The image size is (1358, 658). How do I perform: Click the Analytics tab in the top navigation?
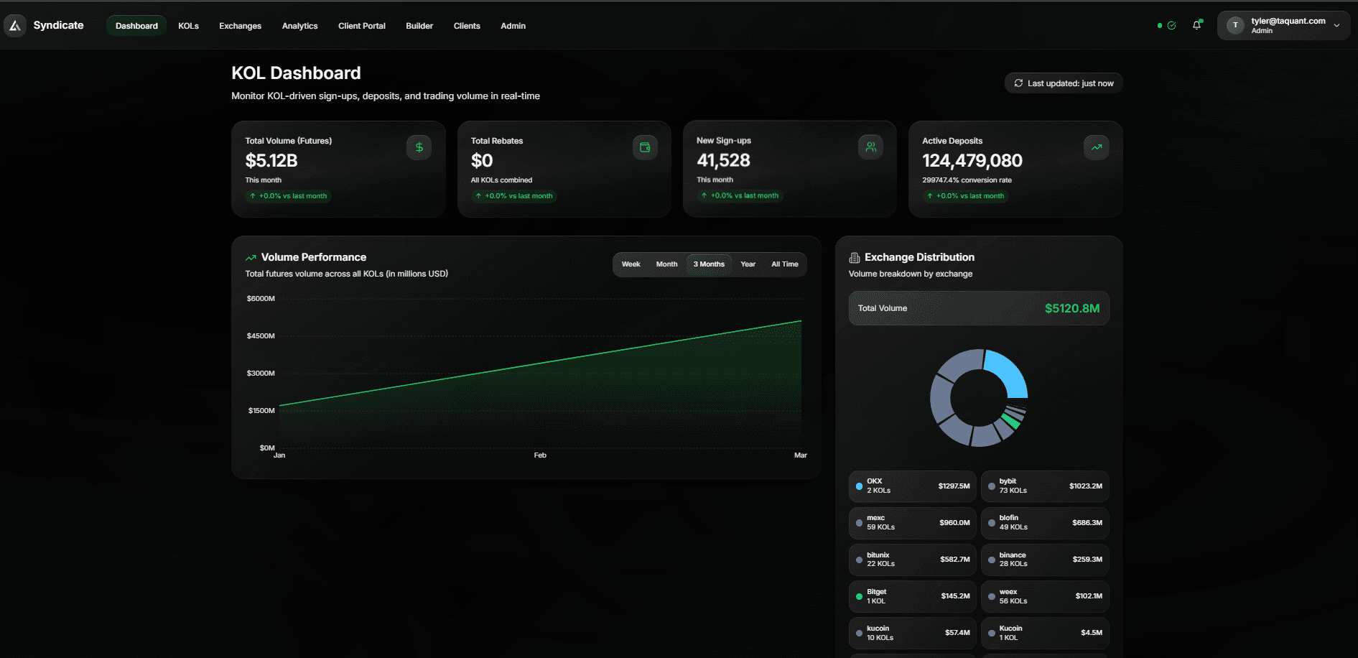(299, 26)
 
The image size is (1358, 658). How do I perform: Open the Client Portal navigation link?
(361, 26)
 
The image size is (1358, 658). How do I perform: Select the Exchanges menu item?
(240, 26)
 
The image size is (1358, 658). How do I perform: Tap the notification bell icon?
(1196, 25)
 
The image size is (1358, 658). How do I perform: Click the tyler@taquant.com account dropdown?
(1283, 25)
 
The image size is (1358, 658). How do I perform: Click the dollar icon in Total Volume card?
(419, 147)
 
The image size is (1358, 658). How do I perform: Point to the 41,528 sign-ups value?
(723, 160)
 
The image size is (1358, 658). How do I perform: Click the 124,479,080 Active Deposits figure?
(972, 160)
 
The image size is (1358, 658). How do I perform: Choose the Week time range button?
(631, 264)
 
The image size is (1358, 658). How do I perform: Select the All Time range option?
(784, 264)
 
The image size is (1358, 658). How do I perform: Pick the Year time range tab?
(748, 264)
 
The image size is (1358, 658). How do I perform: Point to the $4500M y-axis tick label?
(261, 336)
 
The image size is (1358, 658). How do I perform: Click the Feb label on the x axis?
(540, 455)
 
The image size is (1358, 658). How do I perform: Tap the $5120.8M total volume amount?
(1071, 308)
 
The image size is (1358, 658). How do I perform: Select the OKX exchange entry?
(912, 486)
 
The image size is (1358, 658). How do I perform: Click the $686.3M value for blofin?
(1087, 523)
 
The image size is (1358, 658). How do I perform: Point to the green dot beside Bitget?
(859, 596)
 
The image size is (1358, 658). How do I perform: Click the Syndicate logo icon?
(15, 26)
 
